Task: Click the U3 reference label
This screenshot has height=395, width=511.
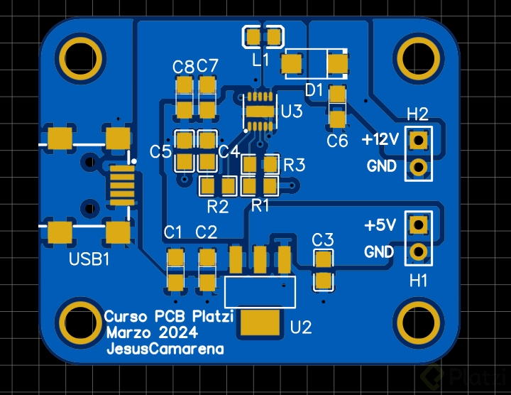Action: [292, 112]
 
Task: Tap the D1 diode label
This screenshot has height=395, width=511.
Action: [314, 90]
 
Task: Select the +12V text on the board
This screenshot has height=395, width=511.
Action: [380, 139]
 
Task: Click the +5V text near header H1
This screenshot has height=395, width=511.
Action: [380, 225]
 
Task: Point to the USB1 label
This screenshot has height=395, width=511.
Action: [89, 259]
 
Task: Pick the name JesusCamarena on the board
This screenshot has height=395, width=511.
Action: [165, 349]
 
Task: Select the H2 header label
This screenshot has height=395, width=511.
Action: [417, 114]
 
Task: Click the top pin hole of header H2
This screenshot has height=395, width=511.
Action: [419, 139]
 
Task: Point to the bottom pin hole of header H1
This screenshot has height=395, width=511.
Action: [419, 251]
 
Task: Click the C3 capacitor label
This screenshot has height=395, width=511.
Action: [323, 239]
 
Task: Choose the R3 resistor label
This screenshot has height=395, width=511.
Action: [295, 165]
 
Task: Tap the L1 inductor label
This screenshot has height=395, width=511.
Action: [261, 60]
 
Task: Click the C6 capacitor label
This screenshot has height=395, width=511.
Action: [337, 141]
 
